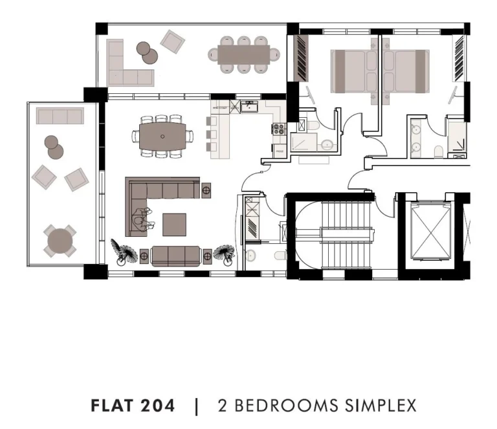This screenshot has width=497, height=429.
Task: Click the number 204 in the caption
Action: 157,406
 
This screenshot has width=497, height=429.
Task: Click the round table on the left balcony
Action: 60,241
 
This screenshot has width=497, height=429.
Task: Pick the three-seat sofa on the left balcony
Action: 60,116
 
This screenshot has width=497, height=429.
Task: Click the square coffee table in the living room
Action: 174,225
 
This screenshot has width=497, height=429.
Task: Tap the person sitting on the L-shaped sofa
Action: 143,219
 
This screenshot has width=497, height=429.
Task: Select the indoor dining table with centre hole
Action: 162,137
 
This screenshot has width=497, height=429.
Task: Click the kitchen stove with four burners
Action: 279,129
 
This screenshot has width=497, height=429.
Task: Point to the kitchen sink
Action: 249,107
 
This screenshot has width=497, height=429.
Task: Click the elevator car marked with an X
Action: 431,230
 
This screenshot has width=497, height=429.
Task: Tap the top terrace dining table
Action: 244,55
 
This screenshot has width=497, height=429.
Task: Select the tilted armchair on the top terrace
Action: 172,42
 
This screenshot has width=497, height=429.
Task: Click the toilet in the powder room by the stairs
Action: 280,256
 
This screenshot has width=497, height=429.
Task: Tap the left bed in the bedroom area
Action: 354,71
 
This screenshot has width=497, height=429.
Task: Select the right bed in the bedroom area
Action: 406,71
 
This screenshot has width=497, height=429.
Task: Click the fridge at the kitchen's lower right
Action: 280,151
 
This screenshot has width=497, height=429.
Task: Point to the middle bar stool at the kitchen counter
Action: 212,135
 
